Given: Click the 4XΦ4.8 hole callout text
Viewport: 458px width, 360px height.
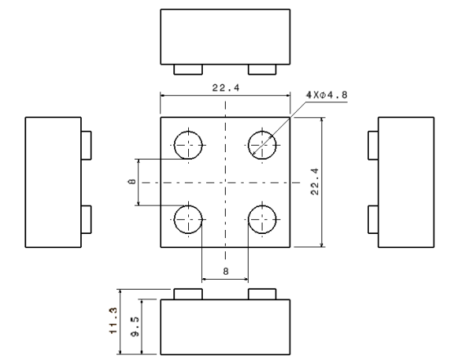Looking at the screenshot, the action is coord(327,95).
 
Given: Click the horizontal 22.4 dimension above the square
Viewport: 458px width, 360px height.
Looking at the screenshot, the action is coord(226,88).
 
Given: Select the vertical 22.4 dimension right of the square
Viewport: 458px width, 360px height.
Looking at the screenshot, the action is coord(315,182).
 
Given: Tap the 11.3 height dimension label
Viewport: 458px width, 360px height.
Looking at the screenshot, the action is coord(113,321).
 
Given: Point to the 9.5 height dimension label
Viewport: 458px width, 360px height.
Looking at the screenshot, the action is coord(135,326).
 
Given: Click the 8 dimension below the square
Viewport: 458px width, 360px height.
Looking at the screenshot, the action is coord(226,272).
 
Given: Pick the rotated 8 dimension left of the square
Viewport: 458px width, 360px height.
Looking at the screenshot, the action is coord(132,182).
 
